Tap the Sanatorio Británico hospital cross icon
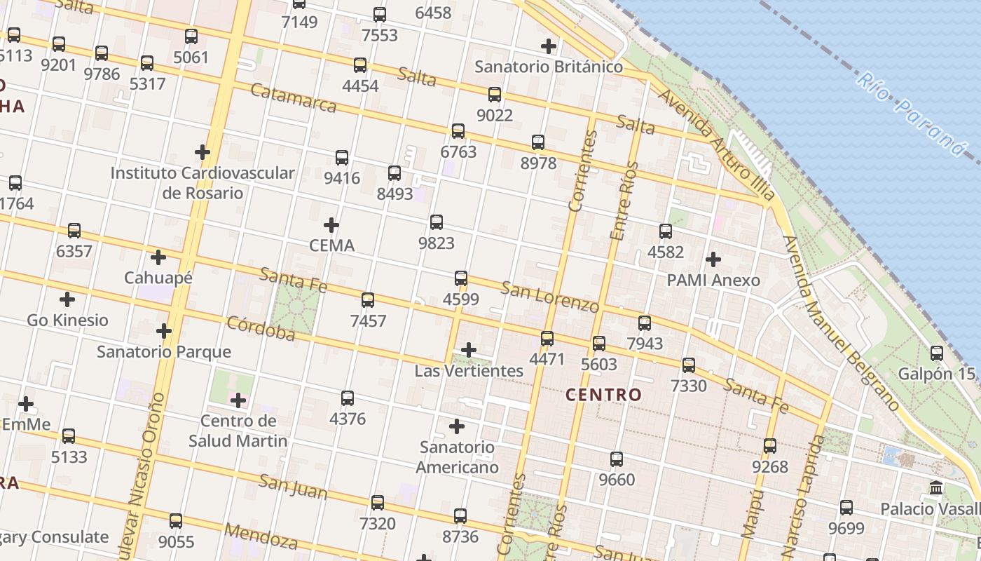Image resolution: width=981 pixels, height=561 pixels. coord(549,47)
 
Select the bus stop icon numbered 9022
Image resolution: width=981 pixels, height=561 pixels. coord(495,95)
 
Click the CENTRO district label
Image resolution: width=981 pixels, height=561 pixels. coord(603,395)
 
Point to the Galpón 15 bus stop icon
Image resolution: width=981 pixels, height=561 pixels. coord(937,353)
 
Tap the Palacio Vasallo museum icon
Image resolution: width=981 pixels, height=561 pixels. coord(936,488)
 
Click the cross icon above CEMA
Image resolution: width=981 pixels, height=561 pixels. coord(331,225)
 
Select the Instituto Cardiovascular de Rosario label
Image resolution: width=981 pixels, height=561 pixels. coord(203,182)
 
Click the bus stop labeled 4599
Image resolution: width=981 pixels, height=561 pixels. coord(460,278)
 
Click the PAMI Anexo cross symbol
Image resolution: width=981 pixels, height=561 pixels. coord(713,259)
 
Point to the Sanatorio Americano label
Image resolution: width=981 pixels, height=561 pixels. coord(457,457)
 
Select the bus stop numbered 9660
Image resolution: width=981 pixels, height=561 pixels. coord(617,459)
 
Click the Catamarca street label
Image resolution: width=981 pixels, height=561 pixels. coord(293,98)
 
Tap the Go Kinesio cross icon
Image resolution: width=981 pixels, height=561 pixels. coord(67,300)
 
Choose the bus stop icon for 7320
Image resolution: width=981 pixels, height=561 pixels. coord(378,503)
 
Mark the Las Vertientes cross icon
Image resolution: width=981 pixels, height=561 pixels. coord(469,350)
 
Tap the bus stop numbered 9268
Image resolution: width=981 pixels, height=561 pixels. coord(770,446)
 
